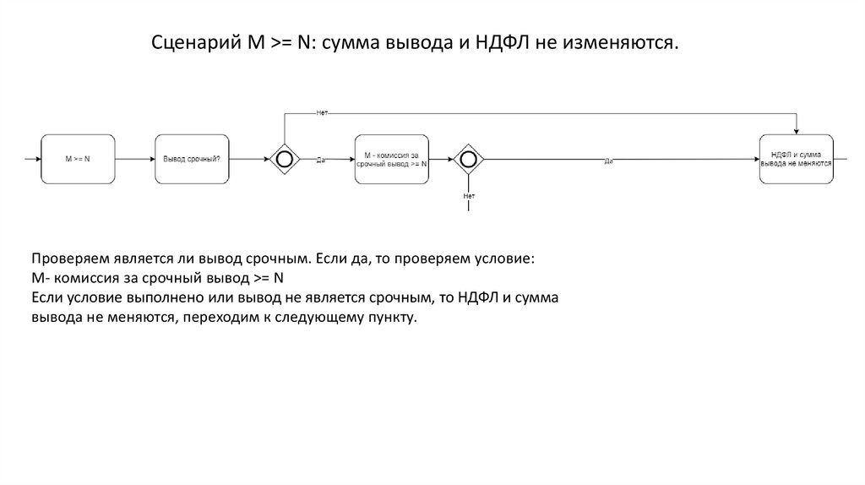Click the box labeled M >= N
tap(78, 158)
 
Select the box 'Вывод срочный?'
tap(192, 158)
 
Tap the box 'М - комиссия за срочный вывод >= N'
tap(392, 158)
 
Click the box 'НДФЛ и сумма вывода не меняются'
tap(796, 158)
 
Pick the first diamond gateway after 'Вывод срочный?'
tap(284, 158)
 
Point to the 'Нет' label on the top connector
tap(322, 113)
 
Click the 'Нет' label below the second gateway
tap(469, 195)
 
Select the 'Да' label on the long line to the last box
tap(608, 160)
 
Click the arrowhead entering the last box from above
tap(796, 129)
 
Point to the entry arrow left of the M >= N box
tap(32, 158)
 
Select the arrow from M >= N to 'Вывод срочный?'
tap(134, 158)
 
